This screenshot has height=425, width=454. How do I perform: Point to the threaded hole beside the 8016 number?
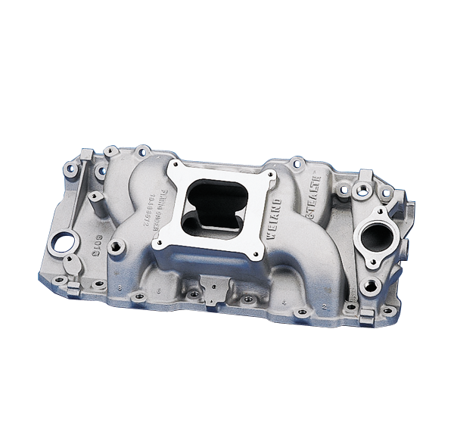(x=118, y=246)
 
